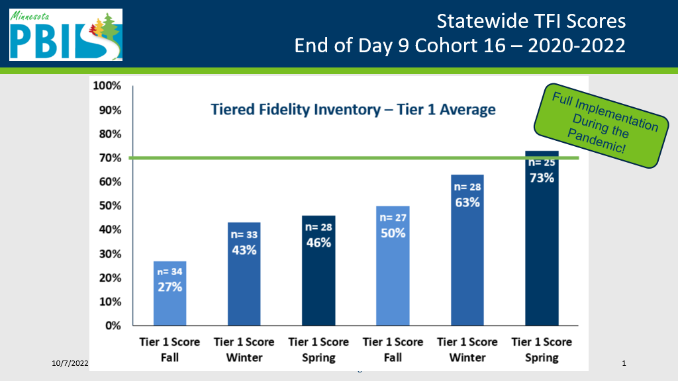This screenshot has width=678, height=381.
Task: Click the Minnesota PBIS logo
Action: point(66,34)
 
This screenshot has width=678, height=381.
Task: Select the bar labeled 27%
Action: point(170,293)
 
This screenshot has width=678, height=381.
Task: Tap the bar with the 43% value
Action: point(244,274)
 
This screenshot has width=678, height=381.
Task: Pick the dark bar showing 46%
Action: point(318,271)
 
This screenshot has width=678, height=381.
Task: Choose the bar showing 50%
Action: point(393,266)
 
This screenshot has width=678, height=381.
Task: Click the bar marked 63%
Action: point(467,250)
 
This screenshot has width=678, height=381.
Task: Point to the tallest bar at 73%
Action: point(542,238)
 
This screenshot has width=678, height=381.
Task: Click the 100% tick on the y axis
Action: point(107,85)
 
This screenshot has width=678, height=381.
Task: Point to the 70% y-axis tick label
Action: point(111,158)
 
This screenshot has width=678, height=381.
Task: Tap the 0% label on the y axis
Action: point(113,325)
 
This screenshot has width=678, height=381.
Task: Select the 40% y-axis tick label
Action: point(111,230)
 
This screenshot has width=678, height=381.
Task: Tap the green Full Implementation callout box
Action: point(601,126)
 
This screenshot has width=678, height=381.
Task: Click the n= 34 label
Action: point(170,272)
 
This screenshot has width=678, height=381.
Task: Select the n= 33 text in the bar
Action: point(244,235)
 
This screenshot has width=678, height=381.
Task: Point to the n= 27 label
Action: point(393,218)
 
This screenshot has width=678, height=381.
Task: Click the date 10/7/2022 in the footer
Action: point(70,363)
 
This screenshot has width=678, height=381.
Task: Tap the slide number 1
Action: point(624,363)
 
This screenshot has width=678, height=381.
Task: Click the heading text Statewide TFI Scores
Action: point(531,21)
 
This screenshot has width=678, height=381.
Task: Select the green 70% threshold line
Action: point(354,158)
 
